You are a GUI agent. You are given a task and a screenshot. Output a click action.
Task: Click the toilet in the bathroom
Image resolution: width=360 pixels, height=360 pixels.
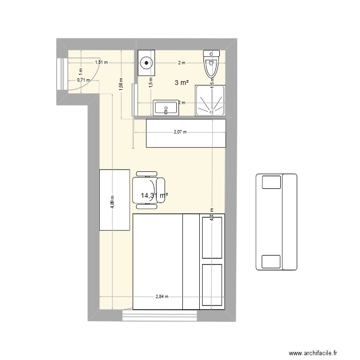211,64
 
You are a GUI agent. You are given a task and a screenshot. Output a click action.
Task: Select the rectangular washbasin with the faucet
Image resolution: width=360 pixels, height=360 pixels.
166,108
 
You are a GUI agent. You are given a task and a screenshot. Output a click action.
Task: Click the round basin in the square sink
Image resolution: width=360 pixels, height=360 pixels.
146,62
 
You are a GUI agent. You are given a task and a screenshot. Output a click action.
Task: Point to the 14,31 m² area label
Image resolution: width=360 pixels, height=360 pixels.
154,195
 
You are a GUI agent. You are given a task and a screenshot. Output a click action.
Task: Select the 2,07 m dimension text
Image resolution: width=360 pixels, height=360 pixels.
180,132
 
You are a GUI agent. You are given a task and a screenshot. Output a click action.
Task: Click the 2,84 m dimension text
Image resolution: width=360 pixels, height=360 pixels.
162,297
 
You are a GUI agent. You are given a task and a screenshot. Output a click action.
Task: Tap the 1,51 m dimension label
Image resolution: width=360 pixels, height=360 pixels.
101,62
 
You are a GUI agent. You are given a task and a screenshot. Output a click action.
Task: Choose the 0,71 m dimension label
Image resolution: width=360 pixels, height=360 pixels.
84,80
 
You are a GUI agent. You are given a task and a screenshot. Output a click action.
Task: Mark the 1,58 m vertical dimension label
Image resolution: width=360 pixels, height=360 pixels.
121,84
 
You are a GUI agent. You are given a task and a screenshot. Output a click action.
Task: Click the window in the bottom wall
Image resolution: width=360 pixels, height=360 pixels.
160,316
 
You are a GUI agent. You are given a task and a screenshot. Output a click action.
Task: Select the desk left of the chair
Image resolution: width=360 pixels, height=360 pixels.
115,200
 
